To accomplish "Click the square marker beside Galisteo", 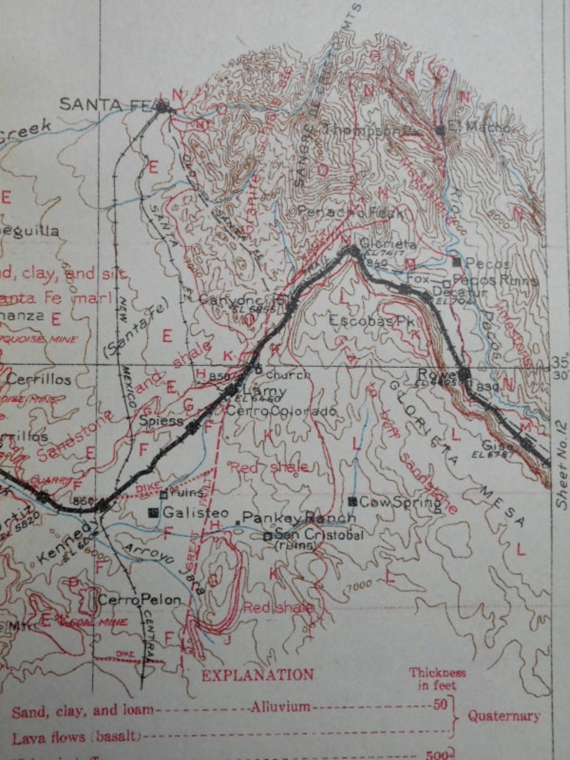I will pyautogui.click(x=152, y=512).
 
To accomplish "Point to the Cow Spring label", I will pyautogui.click(x=400, y=502).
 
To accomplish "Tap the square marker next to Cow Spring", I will pyautogui.click(x=352, y=502).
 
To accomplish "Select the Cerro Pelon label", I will pyautogui.click(x=139, y=599).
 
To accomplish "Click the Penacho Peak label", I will pyautogui.click(x=341, y=212).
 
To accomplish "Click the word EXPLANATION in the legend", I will pyautogui.click(x=257, y=675).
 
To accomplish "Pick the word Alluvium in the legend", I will pyautogui.click(x=280, y=707).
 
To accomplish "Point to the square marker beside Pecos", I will pyautogui.click(x=457, y=263).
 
